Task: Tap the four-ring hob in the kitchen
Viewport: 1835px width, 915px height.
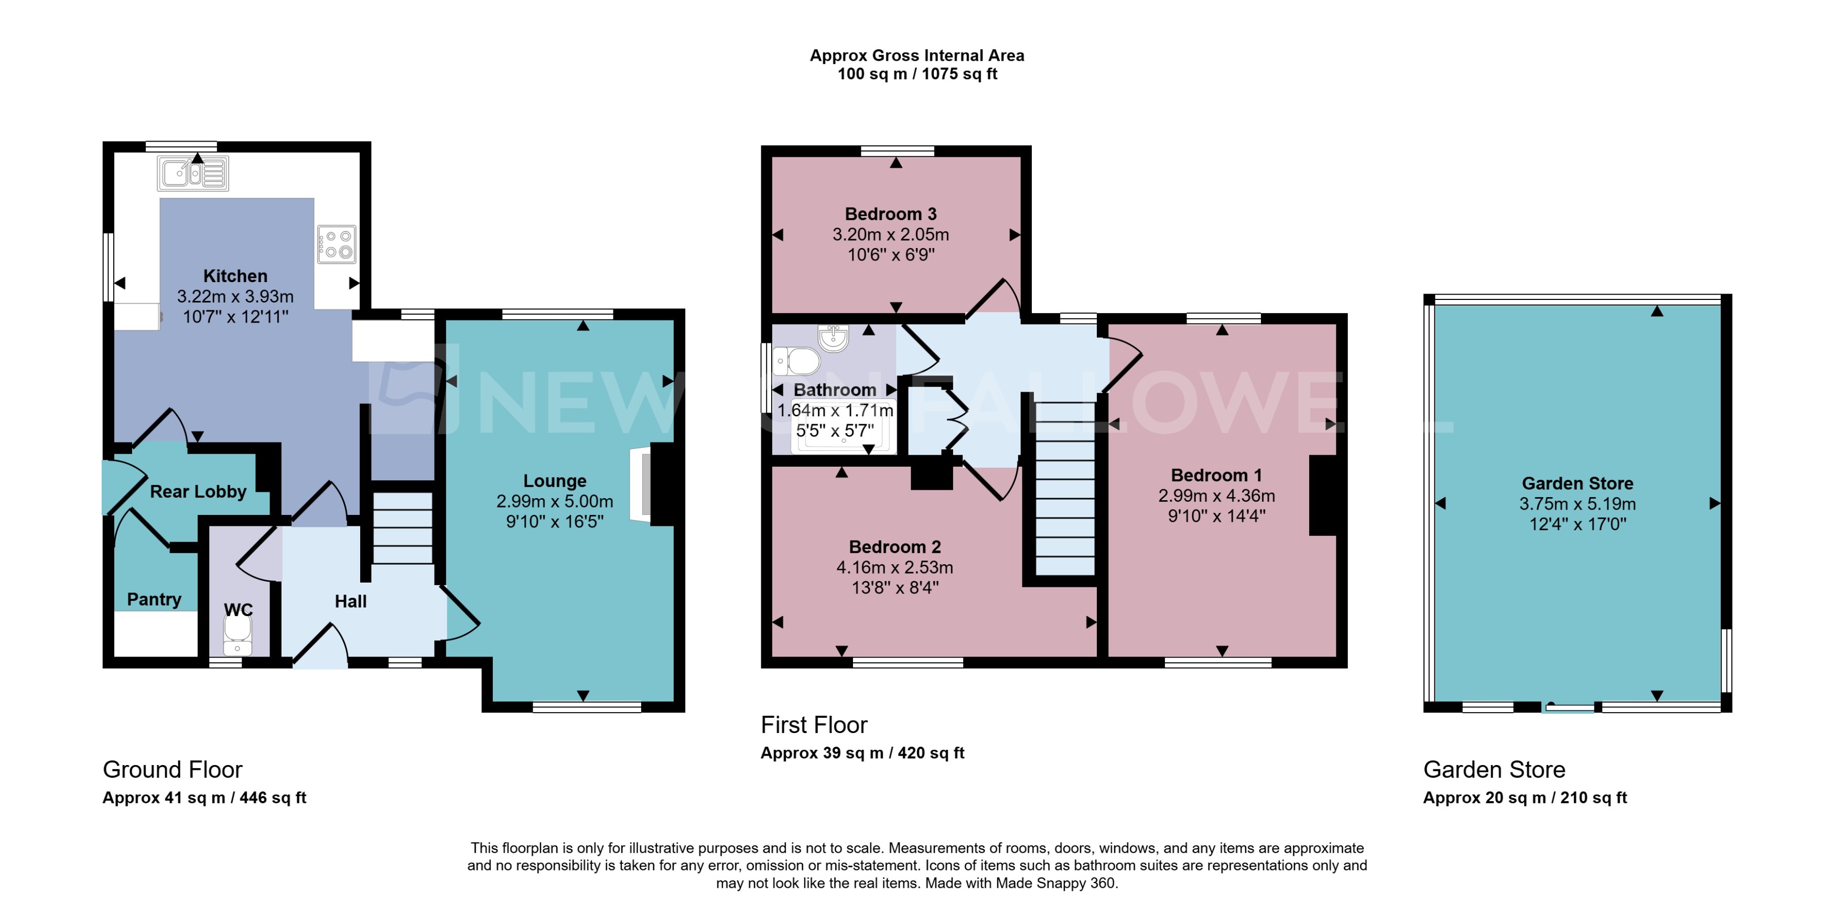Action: click(x=336, y=244)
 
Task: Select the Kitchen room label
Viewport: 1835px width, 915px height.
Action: click(x=235, y=276)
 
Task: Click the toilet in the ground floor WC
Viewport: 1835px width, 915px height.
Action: click(x=237, y=635)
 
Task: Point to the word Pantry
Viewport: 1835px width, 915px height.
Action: click(x=154, y=599)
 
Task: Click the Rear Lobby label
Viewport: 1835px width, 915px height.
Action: click(x=198, y=492)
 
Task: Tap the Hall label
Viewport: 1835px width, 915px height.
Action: click(x=350, y=601)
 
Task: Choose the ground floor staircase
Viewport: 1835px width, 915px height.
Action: click(x=403, y=528)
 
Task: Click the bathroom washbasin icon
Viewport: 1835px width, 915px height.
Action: click(x=833, y=338)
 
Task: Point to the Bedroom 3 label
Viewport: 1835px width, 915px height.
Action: click(x=890, y=214)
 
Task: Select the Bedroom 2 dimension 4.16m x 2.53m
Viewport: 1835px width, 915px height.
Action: click(x=895, y=567)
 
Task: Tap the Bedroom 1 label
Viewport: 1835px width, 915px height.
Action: click(x=1216, y=475)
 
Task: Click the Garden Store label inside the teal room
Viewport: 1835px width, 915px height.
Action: click(x=1577, y=483)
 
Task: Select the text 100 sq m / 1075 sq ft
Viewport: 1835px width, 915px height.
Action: click(x=917, y=74)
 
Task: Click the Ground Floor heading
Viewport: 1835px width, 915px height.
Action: click(x=172, y=770)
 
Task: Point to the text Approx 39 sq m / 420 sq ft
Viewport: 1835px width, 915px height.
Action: click(x=862, y=753)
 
